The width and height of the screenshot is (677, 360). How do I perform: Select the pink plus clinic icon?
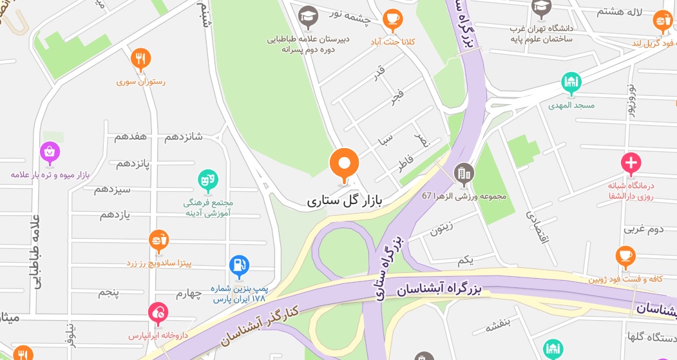pyautogui.click(x=631, y=164)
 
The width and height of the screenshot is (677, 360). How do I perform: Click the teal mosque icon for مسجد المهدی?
pyautogui.click(x=571, y=82)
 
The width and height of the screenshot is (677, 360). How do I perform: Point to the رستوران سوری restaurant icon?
pyautogui.click(x=140, y=59)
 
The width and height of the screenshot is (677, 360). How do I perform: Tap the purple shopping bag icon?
pyautogui.click(x=50, y=153)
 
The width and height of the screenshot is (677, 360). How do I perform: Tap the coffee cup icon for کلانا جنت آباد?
pyautogui.click(x=392, y=20)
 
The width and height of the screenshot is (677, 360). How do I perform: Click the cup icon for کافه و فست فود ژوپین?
pyautogui.click(x=624, y=257)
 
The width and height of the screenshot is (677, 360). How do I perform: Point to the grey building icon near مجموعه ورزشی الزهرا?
pyautogui.click(x=463, y=173)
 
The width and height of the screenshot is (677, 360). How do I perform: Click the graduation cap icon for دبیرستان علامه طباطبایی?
pyautogui.click(x=308, y=16)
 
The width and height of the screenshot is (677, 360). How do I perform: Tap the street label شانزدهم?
pyautogui.click(x=184, y=137)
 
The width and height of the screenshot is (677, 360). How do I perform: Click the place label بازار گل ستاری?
pyautogui.click(x=345, y=200)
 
